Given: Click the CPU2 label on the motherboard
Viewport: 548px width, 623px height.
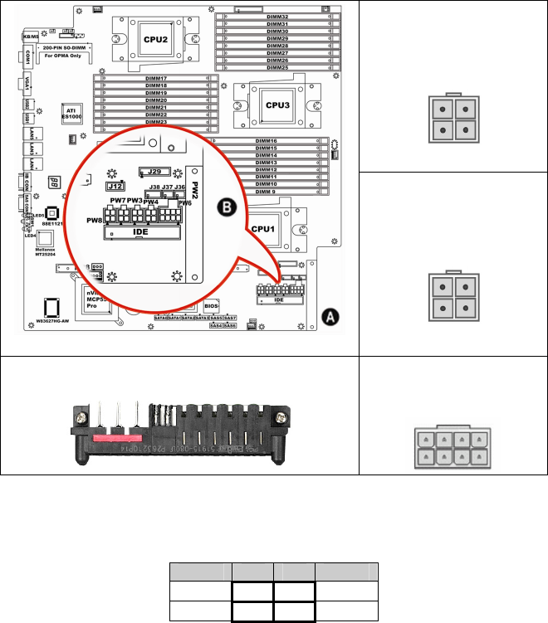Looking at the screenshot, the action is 155,39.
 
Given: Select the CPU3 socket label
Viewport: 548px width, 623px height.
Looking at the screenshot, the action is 276,105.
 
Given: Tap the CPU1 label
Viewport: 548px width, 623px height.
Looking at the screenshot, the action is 262,226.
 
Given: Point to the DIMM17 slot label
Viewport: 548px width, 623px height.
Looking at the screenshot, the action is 156,79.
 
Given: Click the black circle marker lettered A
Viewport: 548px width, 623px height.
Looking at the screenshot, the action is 330,316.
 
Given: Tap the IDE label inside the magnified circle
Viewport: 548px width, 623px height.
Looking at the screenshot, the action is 140,234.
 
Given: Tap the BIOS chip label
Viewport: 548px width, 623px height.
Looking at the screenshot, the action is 212,306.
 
